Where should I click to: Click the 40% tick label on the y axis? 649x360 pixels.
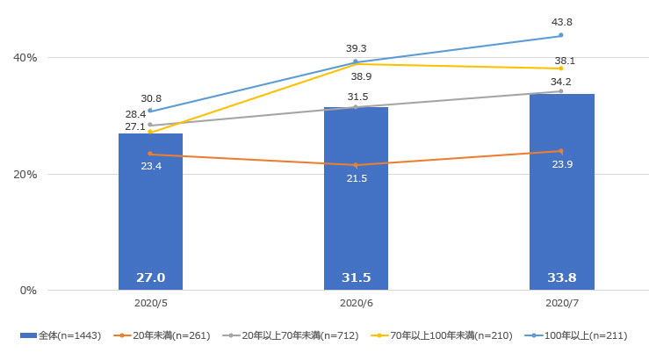coord(25,58)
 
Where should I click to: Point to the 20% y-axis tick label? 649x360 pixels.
coord(25,174)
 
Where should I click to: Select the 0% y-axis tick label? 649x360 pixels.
coord(27,290)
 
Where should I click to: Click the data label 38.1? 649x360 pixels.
coord(564,61)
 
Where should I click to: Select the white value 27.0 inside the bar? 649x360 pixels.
coord(150,277)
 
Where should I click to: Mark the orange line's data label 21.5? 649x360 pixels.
coord(356,178)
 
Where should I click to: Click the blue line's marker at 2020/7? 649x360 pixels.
coord(561,35)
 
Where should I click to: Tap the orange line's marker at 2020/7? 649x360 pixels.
coord(561,151)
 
